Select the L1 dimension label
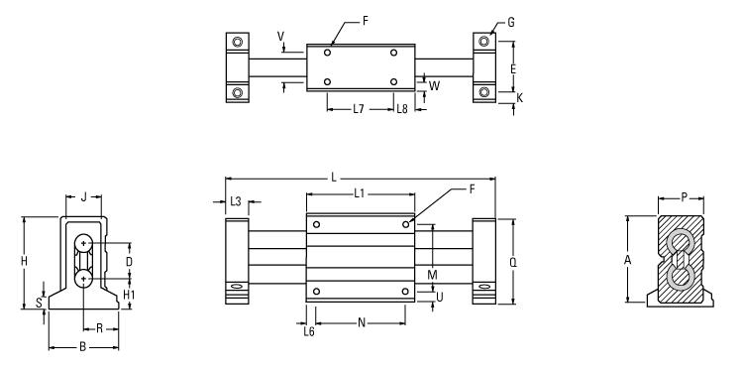(360, 191)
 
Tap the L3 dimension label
(236, 201)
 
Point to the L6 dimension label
(310, 330)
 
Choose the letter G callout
(510, 21)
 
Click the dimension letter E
(512, 69)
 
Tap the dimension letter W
(435, 86)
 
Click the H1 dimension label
(130, 295)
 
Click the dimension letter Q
(514, 263)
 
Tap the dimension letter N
(361, 322)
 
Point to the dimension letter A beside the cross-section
(627, 260)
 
